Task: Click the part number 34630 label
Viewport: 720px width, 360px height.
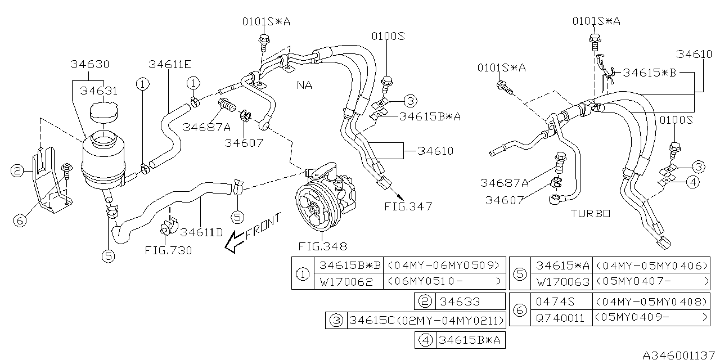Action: click(x=90, y=64)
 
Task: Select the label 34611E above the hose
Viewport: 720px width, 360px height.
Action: click(x=169, y=64)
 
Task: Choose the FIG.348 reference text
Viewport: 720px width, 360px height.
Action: click(x=322, y=246)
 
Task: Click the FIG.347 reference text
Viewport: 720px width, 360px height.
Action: click(x=408, y=206)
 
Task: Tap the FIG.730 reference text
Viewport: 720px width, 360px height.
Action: click(x=168, y=250)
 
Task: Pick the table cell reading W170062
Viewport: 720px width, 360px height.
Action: click(x=346, y=281)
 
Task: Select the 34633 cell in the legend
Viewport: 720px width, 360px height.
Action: click(x=461, y=301)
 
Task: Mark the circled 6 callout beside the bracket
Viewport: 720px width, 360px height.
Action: click(x=20, y=220)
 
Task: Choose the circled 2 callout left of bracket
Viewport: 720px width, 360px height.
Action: click(x=17, y=170)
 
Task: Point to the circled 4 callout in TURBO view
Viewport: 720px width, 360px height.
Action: click(x=693, y=182)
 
